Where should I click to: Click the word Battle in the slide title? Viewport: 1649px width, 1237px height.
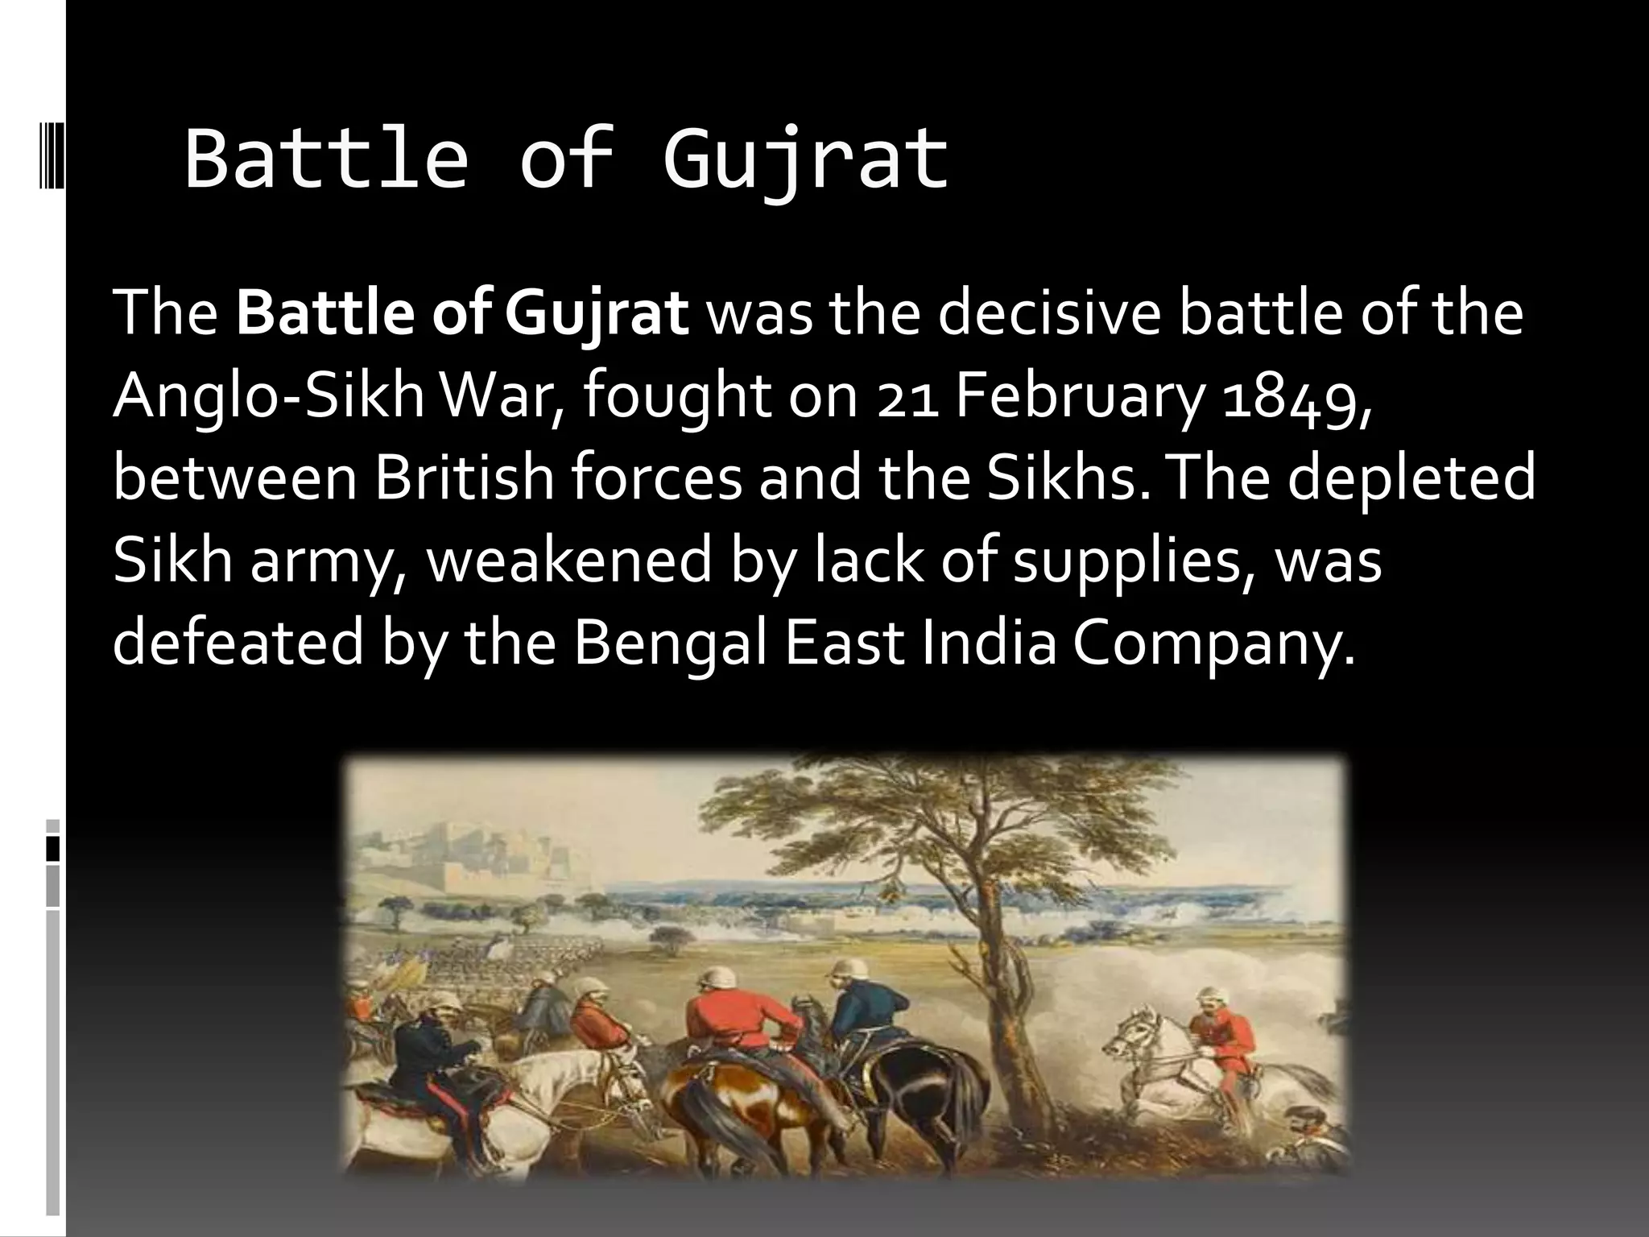tap(326, 159)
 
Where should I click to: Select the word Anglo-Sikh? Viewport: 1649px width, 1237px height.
tap(268, 397)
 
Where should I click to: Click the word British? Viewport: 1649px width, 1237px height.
tap(464, 478)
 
